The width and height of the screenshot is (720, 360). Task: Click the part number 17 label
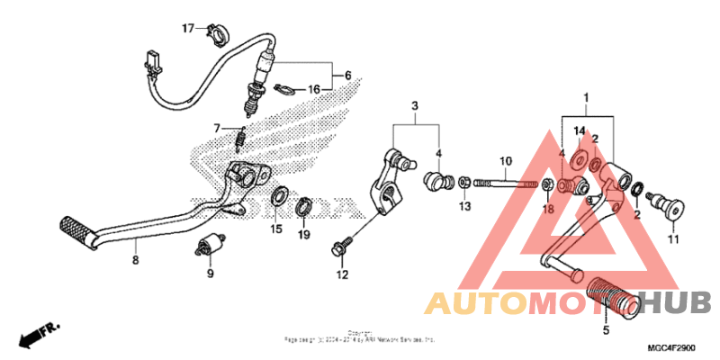(x=188, y=29)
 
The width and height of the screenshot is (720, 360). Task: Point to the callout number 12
(x=341, y=274)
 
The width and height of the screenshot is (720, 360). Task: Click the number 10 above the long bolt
(x=506, y=162)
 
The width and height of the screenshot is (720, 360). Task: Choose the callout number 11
(x=670, y=238)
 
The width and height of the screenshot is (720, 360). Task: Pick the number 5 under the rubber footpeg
(x=605, y=330)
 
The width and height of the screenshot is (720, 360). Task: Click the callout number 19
(x=304, y=235)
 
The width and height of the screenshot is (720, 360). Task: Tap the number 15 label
(x=277, y=229)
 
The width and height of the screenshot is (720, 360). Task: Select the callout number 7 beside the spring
(x=216, y=127)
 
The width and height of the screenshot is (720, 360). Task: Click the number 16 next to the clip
(x=314, y=89)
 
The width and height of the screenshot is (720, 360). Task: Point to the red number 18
(x=546, y=210)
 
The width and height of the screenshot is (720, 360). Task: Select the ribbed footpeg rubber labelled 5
(x=615, y=298)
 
